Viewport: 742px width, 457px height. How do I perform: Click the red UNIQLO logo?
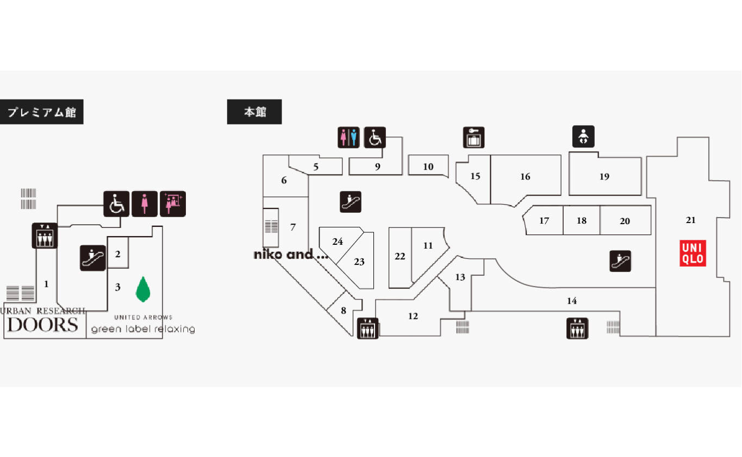693,254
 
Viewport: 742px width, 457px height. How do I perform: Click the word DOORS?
43,325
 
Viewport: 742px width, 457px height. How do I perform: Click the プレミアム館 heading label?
41,113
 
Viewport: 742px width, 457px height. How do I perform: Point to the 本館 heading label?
254,112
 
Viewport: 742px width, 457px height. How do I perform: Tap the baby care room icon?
583,137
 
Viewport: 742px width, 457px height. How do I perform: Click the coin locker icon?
473,138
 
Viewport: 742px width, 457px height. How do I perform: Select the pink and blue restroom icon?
348,137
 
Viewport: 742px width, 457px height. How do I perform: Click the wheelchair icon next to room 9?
375,137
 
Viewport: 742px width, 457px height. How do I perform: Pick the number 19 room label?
604,176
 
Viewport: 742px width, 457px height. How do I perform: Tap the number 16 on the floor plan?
525,176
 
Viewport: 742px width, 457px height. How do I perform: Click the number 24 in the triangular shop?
338,242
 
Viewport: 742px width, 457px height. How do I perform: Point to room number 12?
413,316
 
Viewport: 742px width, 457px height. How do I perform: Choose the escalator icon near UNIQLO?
620,261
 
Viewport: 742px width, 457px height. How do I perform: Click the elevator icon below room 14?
577,328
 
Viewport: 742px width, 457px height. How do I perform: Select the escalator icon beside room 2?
93,258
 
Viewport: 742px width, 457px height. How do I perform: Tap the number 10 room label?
428,166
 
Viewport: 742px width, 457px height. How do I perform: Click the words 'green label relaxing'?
143,329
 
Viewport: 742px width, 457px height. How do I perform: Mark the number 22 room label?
400,256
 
